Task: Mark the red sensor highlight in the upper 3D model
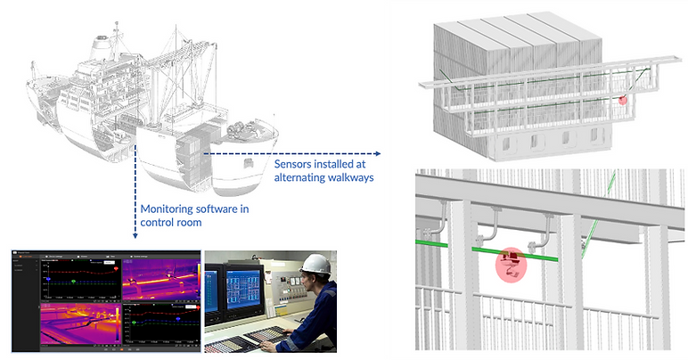tap(624, 100)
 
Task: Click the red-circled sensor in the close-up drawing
tap(511, 264)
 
